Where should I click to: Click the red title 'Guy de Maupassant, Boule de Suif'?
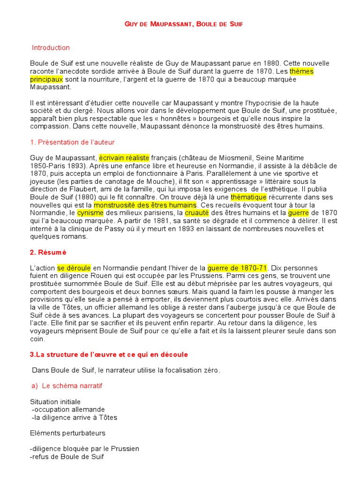tap(180, 23)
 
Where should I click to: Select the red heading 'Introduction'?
tap(51, 48)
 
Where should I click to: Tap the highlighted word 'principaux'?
tap(46, 79)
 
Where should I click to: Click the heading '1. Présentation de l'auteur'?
tap(72, 142)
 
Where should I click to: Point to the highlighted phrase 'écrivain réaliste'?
tap(124, 158)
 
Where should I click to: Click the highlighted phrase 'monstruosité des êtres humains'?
tap(145, 205)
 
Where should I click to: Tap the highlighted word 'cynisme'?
tap(90, 213)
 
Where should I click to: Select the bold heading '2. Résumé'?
tap(48, 252)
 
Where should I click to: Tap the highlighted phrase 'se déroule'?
tap(74, 268)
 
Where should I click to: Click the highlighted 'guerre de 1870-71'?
tap(237, 268)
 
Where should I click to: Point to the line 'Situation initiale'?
tap(55, 402)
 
